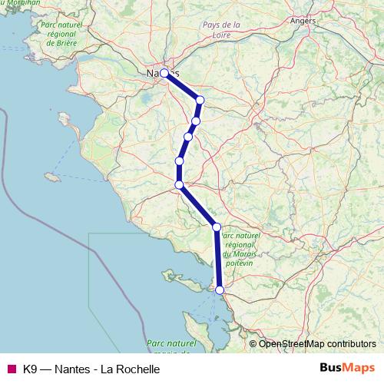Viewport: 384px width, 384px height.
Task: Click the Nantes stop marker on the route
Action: [x=164, y=74]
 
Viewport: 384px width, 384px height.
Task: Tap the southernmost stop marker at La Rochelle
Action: [x=220, y=290]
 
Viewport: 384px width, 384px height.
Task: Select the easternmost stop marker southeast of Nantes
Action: [x=200, y=99]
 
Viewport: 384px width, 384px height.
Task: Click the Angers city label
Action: [x=304, y=21]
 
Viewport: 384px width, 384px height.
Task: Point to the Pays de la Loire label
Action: [x=221, y=29]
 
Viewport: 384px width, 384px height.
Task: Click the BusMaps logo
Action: [x=348, y=368]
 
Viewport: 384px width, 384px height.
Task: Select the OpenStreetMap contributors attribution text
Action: [x=317, y=343]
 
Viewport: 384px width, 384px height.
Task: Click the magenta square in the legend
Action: [x=11, y=369]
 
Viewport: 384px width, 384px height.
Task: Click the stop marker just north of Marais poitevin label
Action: [x=217, y=227]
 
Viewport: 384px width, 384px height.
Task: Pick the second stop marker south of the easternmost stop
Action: [x=188, y=137]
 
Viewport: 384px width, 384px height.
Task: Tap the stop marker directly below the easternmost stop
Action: [x=197, y=121]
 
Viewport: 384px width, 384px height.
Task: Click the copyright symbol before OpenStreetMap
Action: [x=254, y=343]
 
